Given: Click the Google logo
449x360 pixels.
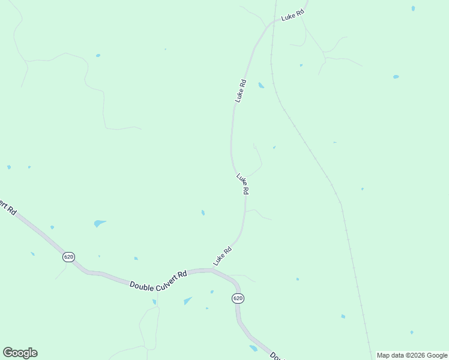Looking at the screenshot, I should (x=20, y=353).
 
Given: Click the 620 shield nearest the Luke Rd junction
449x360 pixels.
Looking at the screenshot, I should (x=238, y=298).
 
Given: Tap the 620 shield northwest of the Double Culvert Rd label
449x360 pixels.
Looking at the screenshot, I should (x=68, y=257).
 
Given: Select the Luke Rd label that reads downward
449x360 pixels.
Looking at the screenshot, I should (x=243, y=184).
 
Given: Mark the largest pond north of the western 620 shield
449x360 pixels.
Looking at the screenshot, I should (x=99, y=224).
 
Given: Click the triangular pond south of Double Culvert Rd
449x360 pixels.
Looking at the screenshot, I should (x=188, y=301).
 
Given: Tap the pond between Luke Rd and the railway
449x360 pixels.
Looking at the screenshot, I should (x=261, y=85).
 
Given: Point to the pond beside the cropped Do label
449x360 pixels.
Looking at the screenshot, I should (x=253, y=348).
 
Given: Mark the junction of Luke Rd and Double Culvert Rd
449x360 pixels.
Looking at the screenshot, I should (x=211, y=271).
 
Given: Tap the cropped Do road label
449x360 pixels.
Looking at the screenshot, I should (x=276, y=355).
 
